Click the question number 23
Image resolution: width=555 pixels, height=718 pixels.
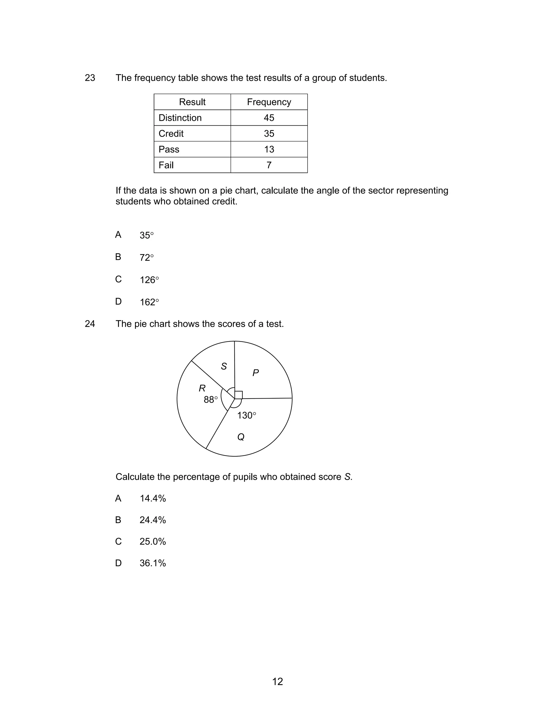point(90,78)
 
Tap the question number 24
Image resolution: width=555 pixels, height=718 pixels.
point(90,324)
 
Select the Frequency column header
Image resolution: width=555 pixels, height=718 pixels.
point(269,102)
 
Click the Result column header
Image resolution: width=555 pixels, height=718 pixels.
point(192,102)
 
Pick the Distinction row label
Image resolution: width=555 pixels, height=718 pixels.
point(180,118)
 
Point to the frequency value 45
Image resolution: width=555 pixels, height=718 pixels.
point(269,118)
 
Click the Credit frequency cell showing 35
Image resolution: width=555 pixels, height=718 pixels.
point(269,134)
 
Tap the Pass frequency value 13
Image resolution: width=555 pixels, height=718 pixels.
point(269,149)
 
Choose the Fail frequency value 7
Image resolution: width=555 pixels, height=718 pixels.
point(269,165)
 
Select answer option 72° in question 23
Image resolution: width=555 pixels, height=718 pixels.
point(146,257)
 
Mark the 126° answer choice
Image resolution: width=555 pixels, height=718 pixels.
point(149,280)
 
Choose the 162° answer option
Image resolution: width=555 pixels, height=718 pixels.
point(149,302)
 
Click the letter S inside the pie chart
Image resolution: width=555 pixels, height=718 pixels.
point(224,366)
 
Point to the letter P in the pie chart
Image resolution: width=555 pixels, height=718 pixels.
point(256,373)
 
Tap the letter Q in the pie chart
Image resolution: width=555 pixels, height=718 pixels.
point(241,437)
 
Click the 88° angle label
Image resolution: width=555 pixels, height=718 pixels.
point(210,400)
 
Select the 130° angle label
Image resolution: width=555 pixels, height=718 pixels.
point(246,416)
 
